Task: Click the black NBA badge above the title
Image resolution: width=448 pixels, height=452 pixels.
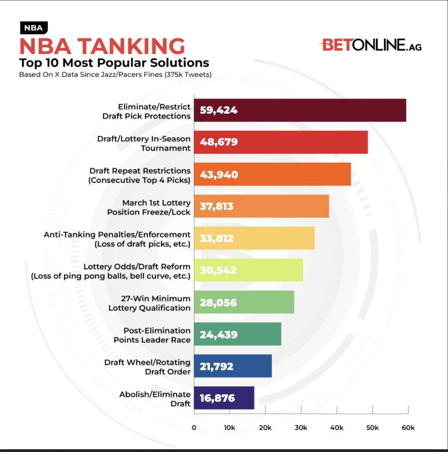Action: pyautogui.click(x=33, y=28)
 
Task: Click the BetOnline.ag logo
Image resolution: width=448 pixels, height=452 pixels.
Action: pyautogui.click(x=371, y=45)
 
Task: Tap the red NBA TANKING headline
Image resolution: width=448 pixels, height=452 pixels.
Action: pyautogui.click(x=102, y=46)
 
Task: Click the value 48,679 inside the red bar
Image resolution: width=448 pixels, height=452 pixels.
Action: pyautogui.click(x=218, y=142)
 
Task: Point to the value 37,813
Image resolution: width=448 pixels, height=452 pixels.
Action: pyautogui.click(x=217, y=206)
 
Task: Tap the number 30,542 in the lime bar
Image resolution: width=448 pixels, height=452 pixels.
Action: pyautogui.click(x=218, y=270)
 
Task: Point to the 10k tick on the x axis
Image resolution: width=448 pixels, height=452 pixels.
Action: pyautogui.click(x=230, y=428)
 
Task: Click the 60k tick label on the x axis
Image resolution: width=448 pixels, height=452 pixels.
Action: pyautogui.click(x=408, y=428)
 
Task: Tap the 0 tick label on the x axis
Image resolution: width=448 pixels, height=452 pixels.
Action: pyautogui.click(x=194, y=428)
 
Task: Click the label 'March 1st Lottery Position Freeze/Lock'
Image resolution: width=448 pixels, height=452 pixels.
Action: pyautogui.click(x=149, y=208)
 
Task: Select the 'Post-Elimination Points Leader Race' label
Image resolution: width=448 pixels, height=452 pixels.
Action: pyautogui.click(x=152, y=335)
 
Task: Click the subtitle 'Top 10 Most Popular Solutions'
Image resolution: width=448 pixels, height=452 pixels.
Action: pyautogui.click(x=114, y=63)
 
